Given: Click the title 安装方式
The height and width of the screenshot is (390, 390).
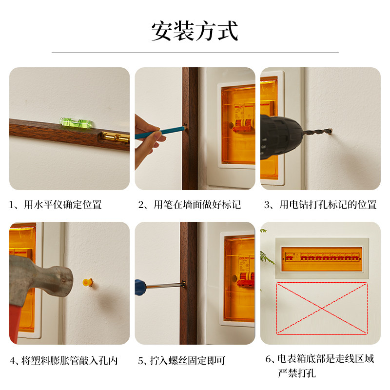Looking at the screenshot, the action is coord(195,31).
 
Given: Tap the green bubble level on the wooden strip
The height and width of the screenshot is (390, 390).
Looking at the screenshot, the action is coord(76,123).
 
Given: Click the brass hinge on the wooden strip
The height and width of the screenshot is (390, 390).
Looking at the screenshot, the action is coord(115,137).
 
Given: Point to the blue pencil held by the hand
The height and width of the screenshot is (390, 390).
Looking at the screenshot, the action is coord(160,133).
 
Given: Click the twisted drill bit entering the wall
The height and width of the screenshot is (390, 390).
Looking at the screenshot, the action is coord(318,132).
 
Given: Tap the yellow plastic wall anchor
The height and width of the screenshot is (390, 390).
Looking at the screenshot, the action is coord(88,282).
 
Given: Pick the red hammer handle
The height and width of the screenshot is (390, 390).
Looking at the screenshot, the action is coord(15,323).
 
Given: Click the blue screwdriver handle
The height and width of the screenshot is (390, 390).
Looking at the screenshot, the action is coord(140,287).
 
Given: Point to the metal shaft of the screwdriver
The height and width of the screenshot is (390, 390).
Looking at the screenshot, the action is coord(165,285).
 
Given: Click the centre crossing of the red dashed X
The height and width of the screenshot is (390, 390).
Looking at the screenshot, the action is coord(322,309).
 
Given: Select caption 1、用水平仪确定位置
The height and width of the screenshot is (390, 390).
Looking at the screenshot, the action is coord(56,205).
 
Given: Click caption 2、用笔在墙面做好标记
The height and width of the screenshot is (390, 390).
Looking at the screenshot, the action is coord(190,205).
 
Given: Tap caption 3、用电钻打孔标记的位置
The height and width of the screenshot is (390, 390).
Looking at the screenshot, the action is coord(320,205).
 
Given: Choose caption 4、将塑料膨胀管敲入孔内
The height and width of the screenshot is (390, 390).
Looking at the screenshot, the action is coord(63,360).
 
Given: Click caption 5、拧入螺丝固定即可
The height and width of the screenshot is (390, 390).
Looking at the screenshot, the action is coord(181,360).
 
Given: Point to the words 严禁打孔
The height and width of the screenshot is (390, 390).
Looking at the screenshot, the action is coord(297,373).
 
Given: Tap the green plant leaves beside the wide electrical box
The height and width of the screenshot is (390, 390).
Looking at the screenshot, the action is coord(267,256).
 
